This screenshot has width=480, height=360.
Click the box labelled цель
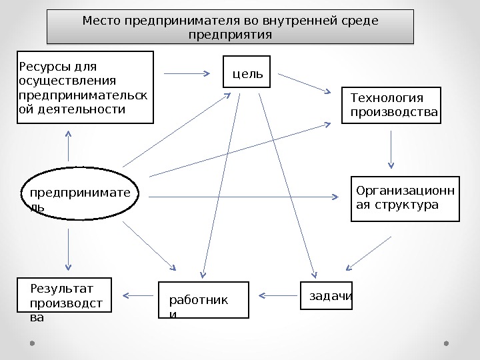[x=247, y=71]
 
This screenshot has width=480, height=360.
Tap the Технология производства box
[x=392, y=106]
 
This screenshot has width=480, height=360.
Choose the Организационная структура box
[x=405, y=198]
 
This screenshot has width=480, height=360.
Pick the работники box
[x=203, y=300]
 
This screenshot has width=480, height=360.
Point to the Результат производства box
[x=65, y=305]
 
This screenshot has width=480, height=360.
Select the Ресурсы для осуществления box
[x=85, y=87]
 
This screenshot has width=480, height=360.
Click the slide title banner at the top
[x=230, y=27]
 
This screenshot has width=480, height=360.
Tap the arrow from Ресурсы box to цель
[x=187, y=73]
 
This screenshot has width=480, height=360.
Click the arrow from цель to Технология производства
[x=305, y=83]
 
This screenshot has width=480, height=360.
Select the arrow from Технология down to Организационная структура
[x=391, y=150]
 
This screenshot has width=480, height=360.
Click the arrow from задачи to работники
[x=275, y=295]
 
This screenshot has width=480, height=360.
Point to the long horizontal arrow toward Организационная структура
[x=243, y=197]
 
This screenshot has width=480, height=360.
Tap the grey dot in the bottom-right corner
[x=447, y=343]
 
